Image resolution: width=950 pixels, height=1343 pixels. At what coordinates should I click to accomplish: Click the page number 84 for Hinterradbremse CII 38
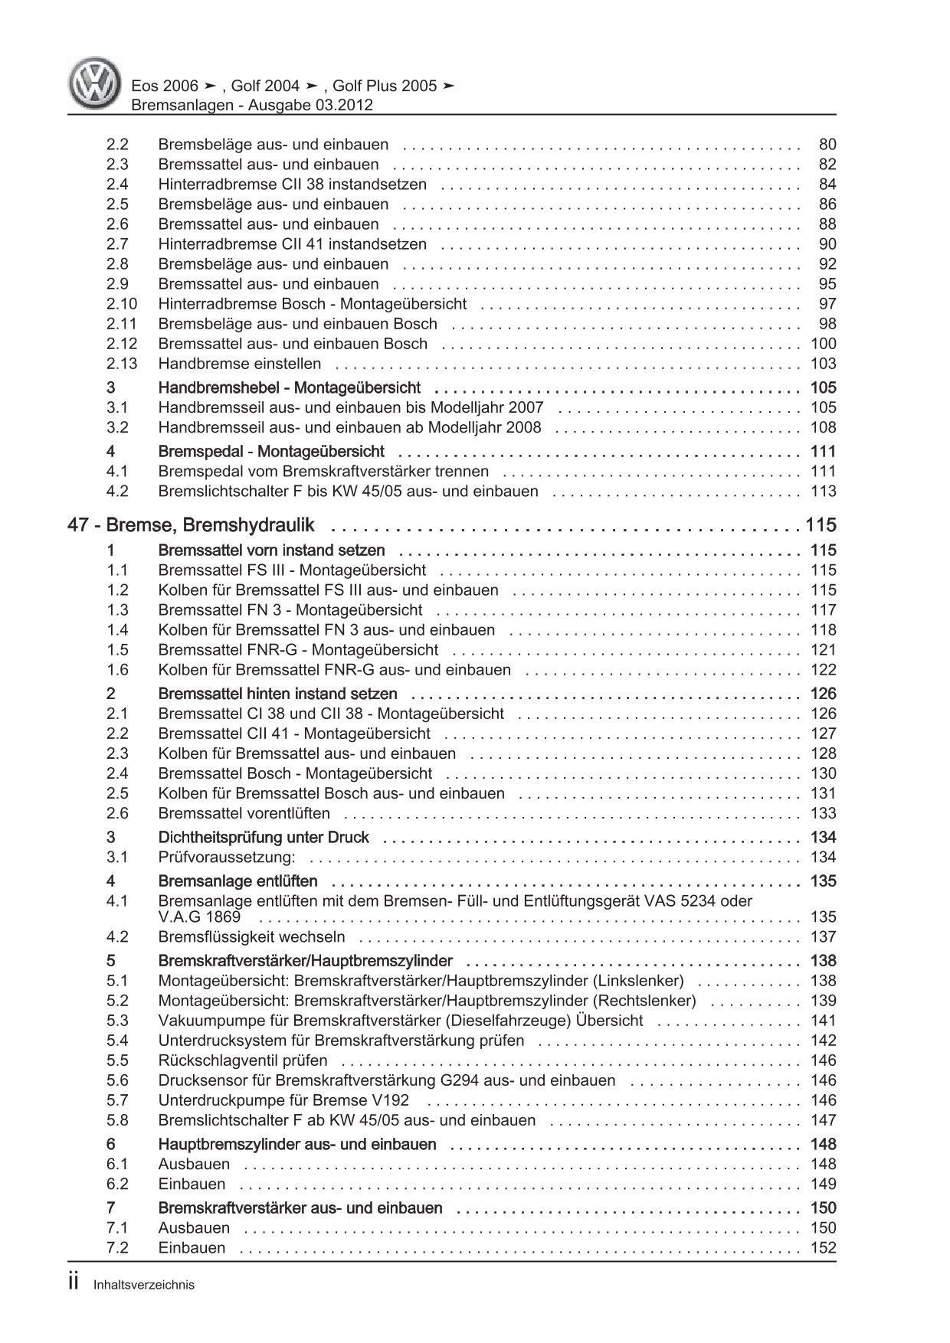(827, 185)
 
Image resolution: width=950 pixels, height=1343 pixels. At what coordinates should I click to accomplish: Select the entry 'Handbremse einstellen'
(239, 364)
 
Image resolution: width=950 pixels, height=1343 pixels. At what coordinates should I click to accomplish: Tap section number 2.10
(122, 304)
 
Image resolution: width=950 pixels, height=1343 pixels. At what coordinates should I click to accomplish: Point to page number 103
(823, 364)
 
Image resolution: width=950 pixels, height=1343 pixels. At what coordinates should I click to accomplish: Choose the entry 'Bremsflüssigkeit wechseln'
(251, 937)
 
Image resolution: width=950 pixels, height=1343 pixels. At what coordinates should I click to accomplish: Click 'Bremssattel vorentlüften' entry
(244, 814)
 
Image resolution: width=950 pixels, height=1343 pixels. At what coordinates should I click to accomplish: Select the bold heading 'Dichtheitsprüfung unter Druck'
(263, 838)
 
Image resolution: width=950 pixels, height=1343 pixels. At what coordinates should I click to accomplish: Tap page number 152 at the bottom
(823, 1248)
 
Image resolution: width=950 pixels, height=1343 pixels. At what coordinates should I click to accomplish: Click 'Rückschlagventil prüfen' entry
(242, 1061)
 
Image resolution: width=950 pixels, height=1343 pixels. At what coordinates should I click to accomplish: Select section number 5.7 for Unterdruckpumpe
(117, 1101)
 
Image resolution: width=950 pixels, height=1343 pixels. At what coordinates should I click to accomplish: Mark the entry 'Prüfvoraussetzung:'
(226, 858)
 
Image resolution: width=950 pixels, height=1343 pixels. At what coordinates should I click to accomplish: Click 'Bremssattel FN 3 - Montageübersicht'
(290, 610)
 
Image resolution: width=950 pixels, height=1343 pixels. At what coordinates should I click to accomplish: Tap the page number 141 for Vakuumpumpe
(823, 1021)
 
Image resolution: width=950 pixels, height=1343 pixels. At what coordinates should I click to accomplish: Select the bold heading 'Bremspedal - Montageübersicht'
(270, 452)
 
